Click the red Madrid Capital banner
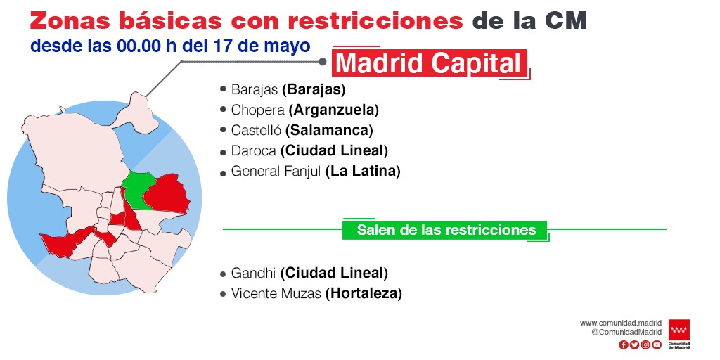point(430,63)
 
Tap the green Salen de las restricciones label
point(446,230)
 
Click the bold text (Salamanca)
point(329,130)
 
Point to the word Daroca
point(253,150)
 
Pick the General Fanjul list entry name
point(276,172)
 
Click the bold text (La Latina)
point(363,172)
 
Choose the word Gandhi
point(253,274)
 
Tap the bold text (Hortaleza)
point(364,293)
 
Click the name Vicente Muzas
point(276,293)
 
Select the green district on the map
point(139,189)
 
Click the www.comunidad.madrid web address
point(620,323)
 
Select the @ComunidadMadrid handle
point(626,332)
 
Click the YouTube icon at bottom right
point(657,345)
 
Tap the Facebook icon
point(623,345)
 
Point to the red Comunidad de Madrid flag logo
point(679,330)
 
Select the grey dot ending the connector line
point(322,61)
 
